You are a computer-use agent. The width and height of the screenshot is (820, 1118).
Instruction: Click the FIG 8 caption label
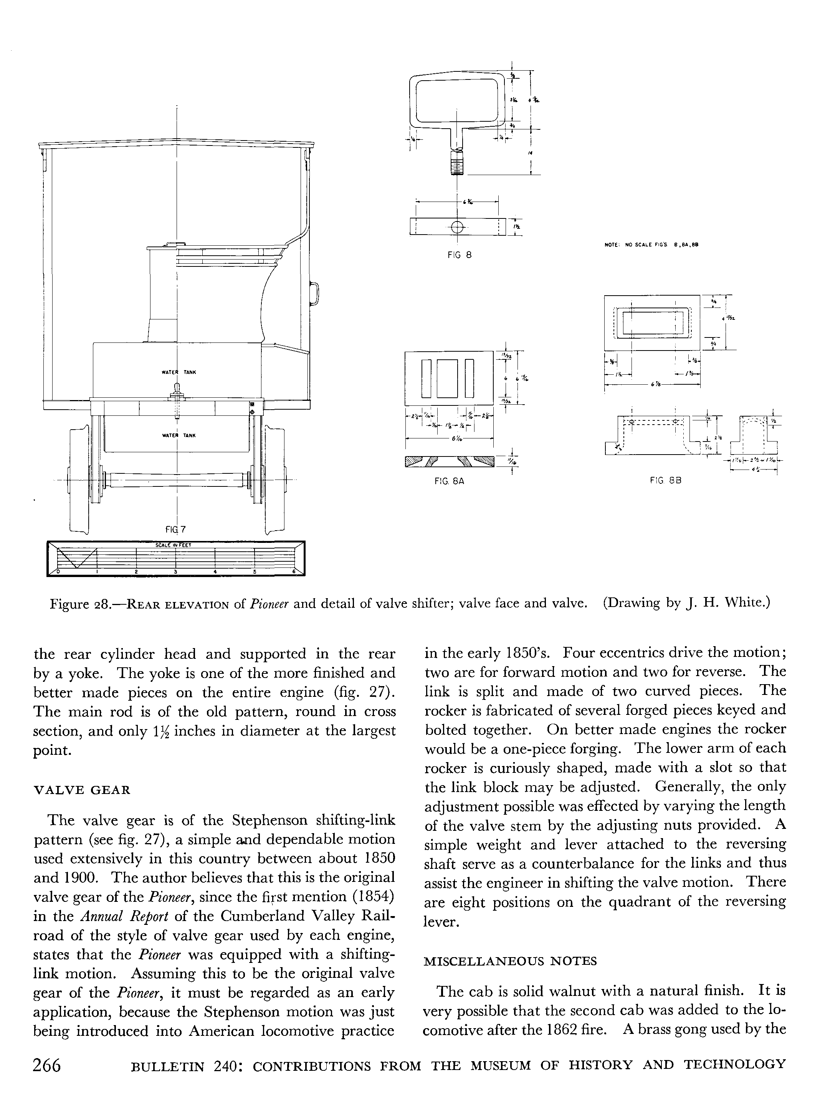pyautogui.click(x=459, y=255)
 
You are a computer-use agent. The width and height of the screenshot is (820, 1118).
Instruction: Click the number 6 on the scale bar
pyautogui.click(x=293, y=572)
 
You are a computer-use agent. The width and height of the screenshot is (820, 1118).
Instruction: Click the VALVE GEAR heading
pyautogui.click(x=81, y=790)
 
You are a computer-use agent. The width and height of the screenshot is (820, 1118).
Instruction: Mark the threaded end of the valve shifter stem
pyautogui.click(x=456, y=163)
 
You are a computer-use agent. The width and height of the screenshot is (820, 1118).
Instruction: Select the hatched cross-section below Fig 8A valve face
pyautogui.click(x=450, y=462)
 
